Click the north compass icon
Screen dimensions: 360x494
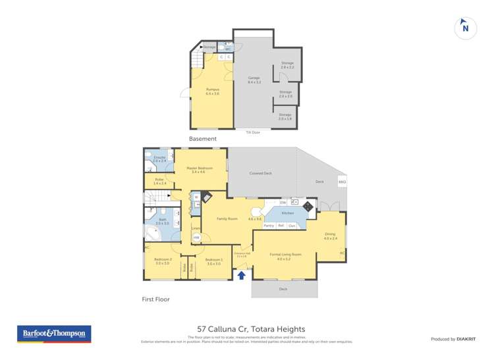[x=465, y=28]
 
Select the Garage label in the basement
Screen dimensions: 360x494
[x=254, y=80]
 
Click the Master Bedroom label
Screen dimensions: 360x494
[x=198, y=170]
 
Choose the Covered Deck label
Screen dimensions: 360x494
[x=261, y=173]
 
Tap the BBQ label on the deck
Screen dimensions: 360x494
[x=342, y=182]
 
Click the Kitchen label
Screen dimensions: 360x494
[x=288, y=213]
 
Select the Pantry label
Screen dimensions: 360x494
[x=269, y=226]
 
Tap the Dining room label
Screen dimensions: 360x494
[x=330, y=236]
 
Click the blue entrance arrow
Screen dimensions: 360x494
[x=242, y=275]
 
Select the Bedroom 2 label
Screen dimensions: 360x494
[x=163, y=260]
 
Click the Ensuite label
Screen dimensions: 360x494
[x=159, y=159]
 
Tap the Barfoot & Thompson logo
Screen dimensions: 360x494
[x=53, y=334]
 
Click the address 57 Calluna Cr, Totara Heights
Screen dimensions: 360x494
[x=252, y=329]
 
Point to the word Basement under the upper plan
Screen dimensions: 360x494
[x=202, y=139]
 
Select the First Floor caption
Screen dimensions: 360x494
[x=155, y=299]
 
